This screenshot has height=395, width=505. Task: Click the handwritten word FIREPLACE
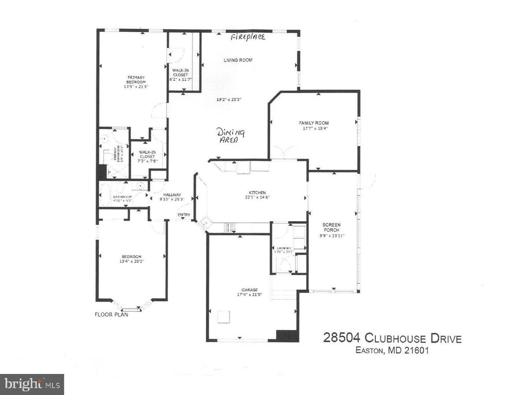tap(248, 38)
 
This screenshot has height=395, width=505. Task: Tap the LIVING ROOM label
tap(238, 60)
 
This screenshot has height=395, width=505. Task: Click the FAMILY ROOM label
tap(314, 123)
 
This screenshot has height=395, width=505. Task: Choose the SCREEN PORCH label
tap(332, 227)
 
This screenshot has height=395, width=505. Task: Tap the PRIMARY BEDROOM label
tap(136, 80)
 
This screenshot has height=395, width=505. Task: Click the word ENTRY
tap(183, 214)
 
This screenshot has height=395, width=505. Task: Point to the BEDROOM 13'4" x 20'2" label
tap(132, 257)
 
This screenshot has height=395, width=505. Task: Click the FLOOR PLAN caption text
tap(111, 314)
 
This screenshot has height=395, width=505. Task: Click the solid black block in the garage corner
tap(287, 335)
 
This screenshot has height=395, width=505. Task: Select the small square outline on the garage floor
tap(223, 317)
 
